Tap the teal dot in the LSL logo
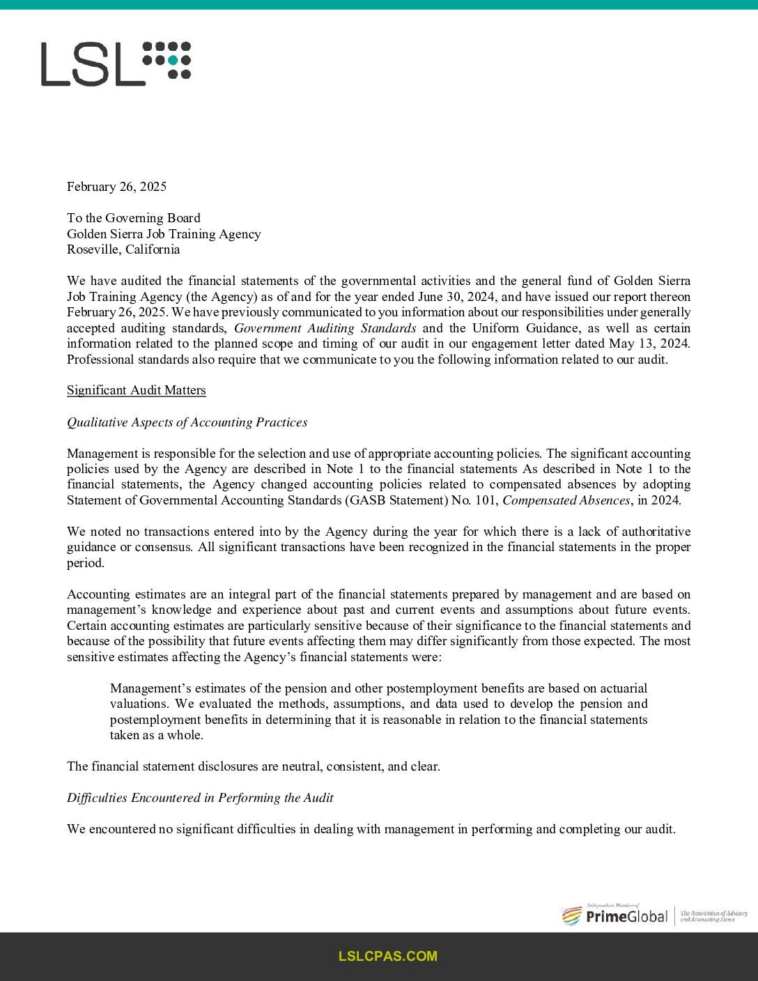tap(172, 60)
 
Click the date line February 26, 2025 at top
tap(116, 186)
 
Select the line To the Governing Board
tap(133, 218)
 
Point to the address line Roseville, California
tap(123, 249)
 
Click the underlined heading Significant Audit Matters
tap(136, 390)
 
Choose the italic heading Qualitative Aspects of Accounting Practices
tap(187, 422)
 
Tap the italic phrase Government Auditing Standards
tap(325, 328)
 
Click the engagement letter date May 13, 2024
tap(649, 343)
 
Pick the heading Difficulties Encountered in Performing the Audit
tap(200, 798)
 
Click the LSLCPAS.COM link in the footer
tap(387, 957)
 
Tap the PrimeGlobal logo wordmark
tap(626, 916)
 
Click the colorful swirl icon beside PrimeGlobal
tap(571, 916)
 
